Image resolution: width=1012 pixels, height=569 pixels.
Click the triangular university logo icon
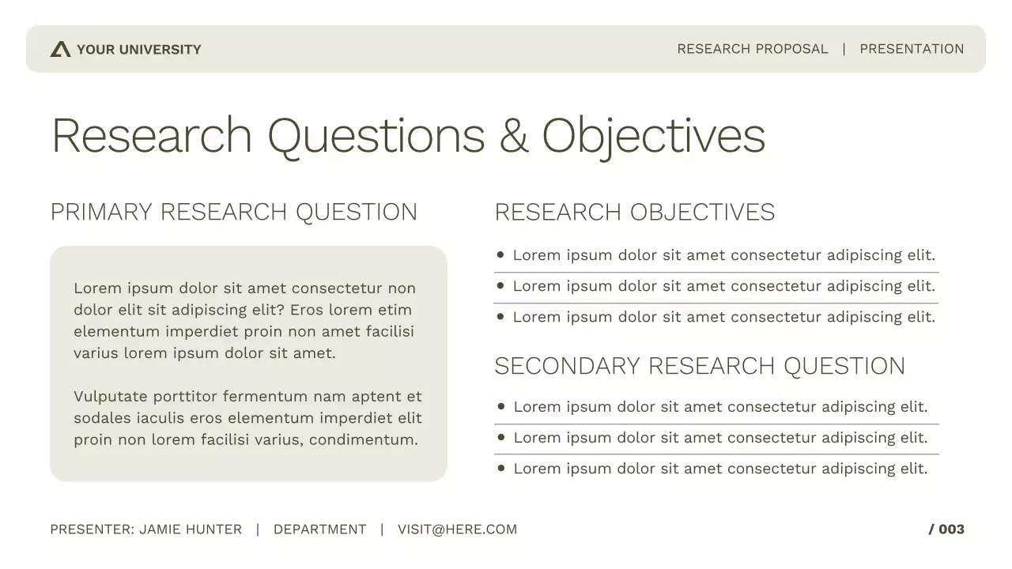[60, 50]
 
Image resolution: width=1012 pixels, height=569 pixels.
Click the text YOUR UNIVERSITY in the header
[139, 50]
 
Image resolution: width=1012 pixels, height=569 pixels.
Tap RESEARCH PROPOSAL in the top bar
[752, 49]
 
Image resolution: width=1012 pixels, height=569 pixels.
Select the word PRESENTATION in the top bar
[912, 49]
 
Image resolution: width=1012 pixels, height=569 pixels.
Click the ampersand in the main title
[513, 135]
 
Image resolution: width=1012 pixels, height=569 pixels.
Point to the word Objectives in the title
[653, 135]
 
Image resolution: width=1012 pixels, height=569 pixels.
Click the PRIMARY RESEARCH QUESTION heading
[233, 212]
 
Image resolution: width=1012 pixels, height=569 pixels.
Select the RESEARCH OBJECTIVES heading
[634, 212]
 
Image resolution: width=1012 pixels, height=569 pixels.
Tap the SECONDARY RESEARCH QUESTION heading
[699, 366]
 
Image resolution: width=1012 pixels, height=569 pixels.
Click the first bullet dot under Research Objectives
[500, 255]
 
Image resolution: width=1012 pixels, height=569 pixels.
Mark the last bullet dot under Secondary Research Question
[501, 469]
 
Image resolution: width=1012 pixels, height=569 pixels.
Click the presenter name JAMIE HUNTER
[191, 529]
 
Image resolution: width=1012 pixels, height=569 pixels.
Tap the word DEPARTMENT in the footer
[319, 529]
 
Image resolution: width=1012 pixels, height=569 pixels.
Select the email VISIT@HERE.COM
[457, 529]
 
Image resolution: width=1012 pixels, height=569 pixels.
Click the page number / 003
[946, 529]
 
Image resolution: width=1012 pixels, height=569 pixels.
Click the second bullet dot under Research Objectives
[500, 286]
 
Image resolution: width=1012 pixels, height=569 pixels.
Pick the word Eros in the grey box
[307, 310]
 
